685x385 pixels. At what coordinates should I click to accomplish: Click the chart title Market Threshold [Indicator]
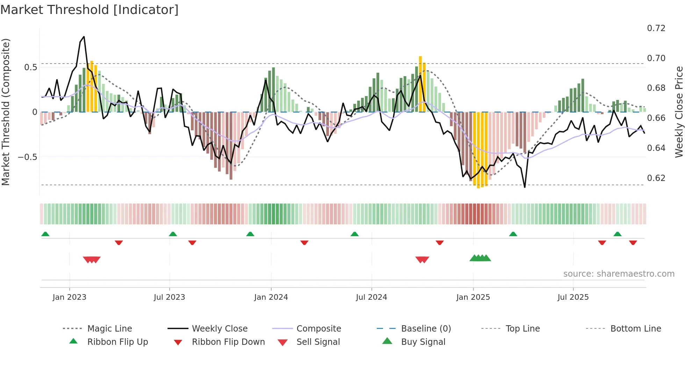[x=89, y=10]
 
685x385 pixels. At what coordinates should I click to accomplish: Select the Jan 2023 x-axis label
[x=69, y=297]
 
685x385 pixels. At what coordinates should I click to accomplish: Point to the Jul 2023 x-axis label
[x=169, y=297]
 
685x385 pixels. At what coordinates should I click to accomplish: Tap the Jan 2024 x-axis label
[x=271, y=297]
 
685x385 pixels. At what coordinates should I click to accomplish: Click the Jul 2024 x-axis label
[x=371, y=297]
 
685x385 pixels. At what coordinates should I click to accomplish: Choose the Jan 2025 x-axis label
[x=473, y=297]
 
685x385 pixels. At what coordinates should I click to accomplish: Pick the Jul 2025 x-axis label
[x=573, y=297]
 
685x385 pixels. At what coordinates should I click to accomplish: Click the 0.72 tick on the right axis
[x=656, y=28]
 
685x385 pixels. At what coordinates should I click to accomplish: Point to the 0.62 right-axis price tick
[x=656, y=178]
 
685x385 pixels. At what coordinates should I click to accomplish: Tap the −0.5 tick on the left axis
[x=28, y=157]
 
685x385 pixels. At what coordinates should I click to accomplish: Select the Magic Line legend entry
[x=109, y=329]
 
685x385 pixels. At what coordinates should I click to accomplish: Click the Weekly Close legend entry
[x=219, y=329]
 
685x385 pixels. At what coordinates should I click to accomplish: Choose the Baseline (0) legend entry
[x=426, y=329]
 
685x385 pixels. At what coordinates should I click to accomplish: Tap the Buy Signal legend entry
[x=423, y=342]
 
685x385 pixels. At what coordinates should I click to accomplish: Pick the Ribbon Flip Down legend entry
[x=228, y=342]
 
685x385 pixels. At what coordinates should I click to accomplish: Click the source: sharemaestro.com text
[x=619, y=274]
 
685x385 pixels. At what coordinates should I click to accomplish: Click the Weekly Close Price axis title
[x=679, y=112]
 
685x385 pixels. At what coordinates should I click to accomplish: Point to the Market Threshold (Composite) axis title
[x=6, y=112]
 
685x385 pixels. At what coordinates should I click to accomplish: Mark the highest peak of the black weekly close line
[x=84, y=37]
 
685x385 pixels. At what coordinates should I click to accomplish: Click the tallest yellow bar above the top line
[x=420, y=84]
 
